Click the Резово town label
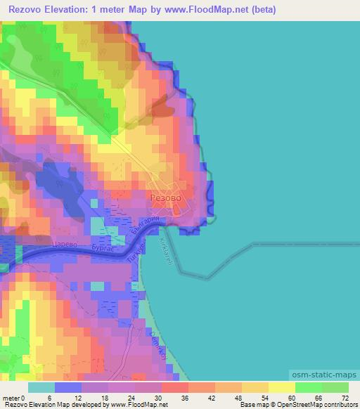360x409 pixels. coord(166,198)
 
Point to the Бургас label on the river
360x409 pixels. coord(103,248)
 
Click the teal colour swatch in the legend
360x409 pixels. coord(41,387)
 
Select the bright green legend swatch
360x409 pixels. coord(308,387)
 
